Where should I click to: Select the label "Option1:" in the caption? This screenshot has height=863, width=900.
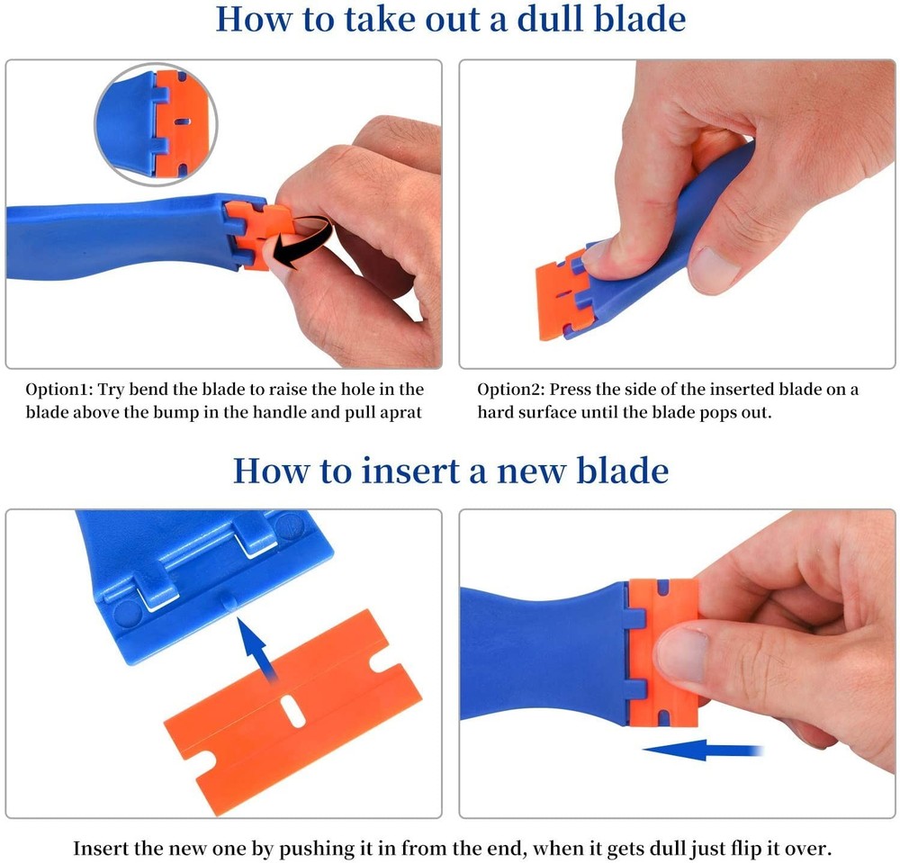57,390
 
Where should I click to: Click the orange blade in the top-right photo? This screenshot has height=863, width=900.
562,297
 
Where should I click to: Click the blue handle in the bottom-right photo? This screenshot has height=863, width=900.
540,648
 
